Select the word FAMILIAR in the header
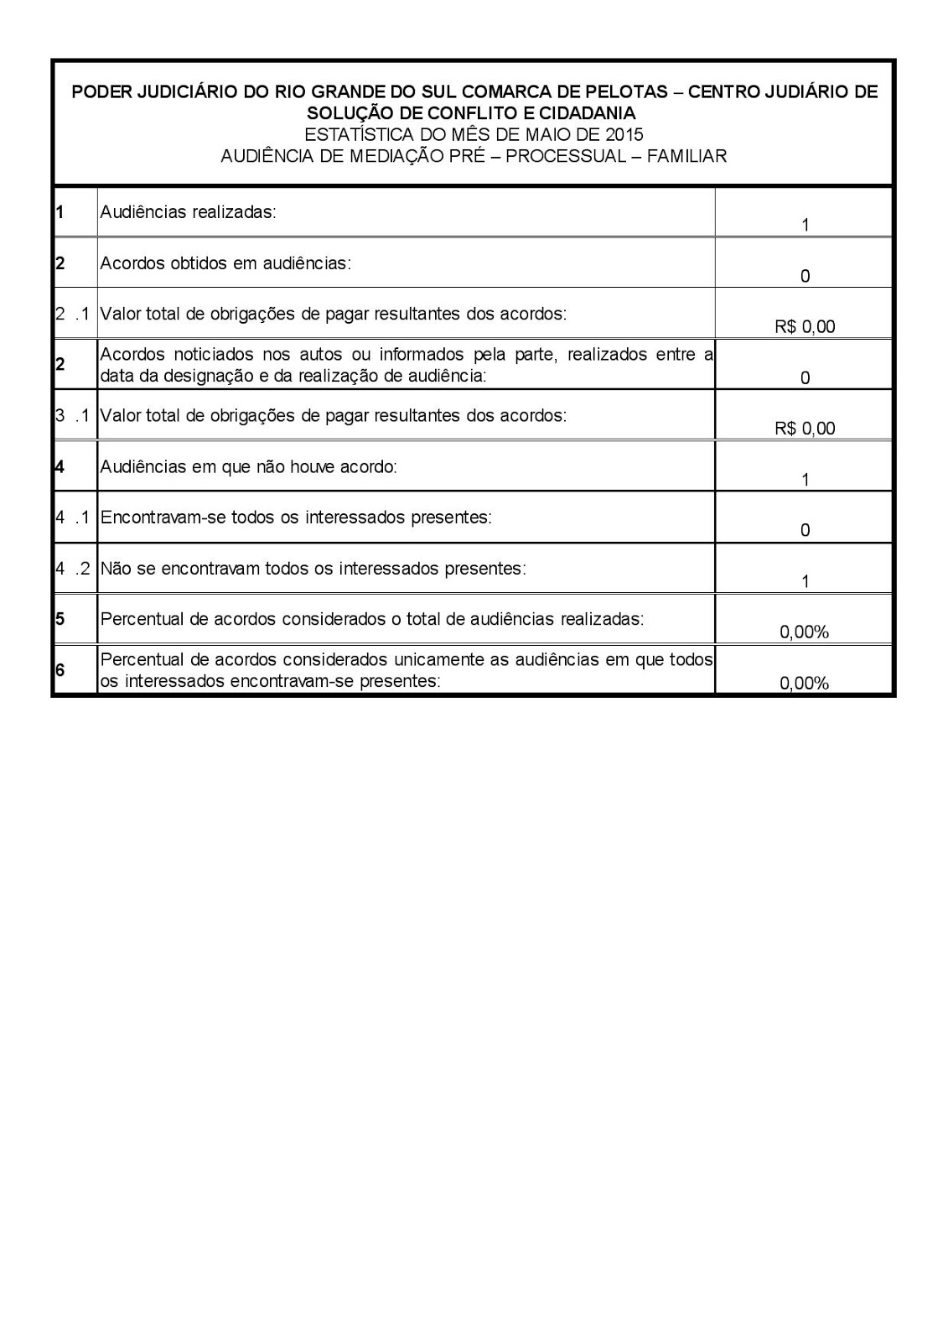click(686, 156)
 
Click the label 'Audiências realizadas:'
click(188, 212)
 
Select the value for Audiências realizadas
click(805, 225)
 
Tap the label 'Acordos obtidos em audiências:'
click(225, 263)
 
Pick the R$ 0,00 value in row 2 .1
click(805, 327)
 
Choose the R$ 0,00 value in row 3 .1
click(805, 429)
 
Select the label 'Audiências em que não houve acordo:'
click(248, 466)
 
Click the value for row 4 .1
click(805, 530)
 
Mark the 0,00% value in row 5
click(804, 632)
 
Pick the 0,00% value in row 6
click(804, 684)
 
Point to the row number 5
click(60, 619)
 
